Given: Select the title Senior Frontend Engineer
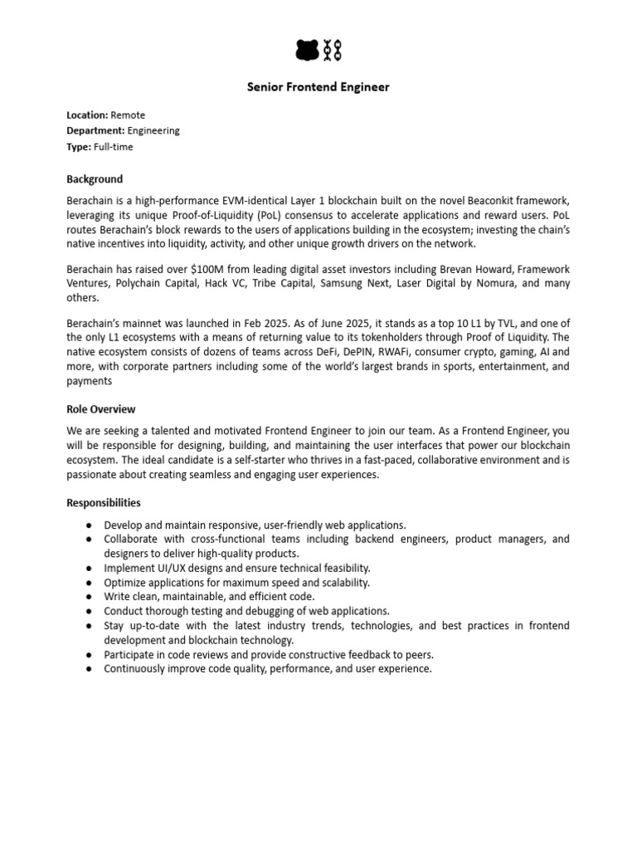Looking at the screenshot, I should (x=318, y=87).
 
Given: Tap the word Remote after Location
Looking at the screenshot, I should (x=128, y=115).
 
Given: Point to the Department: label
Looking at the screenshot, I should (x=95, y=130).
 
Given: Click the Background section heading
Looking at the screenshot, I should (x=95, y=178).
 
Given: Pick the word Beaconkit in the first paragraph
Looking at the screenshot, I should (x=468, y=202).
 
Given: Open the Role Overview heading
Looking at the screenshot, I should (x=100, y=409).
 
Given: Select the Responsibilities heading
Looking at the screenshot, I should (x=104, y=503).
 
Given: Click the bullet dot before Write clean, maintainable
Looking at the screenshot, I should (x=89, y=596).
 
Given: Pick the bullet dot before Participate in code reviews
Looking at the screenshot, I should (x=89, y=655).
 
